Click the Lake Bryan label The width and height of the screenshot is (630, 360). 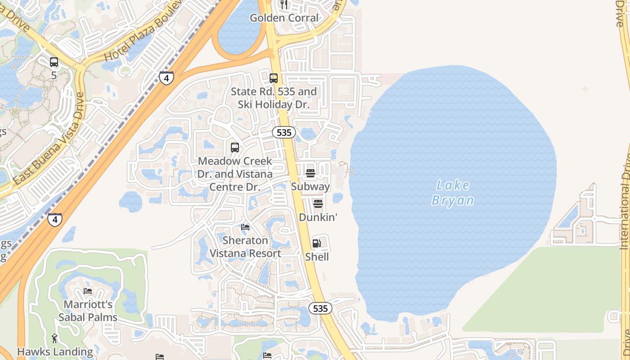pyautogui.click(x=452, y=193)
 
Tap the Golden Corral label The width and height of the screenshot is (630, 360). pyautogui.click(x=284, y=18)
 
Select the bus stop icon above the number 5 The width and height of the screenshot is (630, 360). pyautogui.click(x=54, y=62)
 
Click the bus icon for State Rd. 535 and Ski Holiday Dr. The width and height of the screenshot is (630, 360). pyautogui.click(x=274, y=78)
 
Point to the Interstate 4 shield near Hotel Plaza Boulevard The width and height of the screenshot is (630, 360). pyautogui.click(x=166, y=78)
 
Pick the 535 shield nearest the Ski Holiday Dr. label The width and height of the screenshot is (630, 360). pyautogui.click(x=284, y=132)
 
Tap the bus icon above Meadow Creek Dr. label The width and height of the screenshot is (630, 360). pyautogui.click(x=235, y=147)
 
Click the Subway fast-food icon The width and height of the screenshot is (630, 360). pyautogui.click(x=310, y=173)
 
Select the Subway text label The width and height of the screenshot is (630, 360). pyautogui.click(x=310, y=186)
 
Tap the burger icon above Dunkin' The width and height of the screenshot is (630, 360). pyautogui.click(x=318, y=204)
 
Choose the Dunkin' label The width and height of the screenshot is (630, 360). pyautogui.click(x=318, y=217)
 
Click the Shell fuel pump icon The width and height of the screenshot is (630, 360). pyautogui.click(x=317, y=243)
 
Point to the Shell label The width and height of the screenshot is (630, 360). pyautogui.click(x=317, y=257)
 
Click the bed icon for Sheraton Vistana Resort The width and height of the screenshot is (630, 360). pyautogui.click(x=245, y=227)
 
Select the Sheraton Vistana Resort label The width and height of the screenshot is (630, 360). pyautogui.click(x=245, y=247)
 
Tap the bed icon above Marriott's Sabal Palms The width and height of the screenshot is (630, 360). pyautogui.click(x=88, y=291)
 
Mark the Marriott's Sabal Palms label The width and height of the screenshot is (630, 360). pyautogui.click(x=88, y=311)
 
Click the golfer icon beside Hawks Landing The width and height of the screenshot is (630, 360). pyautogui.click(x=55, y=338)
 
